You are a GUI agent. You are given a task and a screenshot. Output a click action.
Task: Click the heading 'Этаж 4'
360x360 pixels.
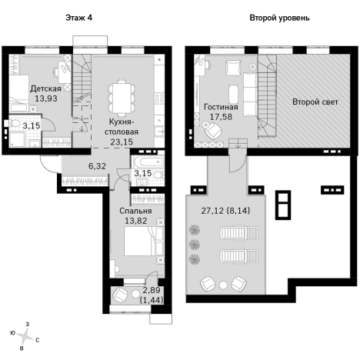(x=78, y=18)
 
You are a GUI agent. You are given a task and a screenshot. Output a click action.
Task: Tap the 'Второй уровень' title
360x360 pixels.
(x=279, y=18)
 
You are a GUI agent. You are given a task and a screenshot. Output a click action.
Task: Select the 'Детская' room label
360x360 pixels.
(x=45, y=88)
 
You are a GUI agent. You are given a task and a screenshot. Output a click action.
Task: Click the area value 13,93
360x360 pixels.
(x=46, y=98)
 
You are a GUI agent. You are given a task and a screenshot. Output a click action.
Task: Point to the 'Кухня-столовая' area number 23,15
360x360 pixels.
(x=122, y=142)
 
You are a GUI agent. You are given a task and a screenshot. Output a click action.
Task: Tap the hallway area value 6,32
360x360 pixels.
(x=97, y=166)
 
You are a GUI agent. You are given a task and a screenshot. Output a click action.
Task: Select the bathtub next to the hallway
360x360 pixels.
(x=147, y=162)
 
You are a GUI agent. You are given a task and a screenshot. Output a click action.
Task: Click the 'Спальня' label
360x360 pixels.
(x=135, y=211)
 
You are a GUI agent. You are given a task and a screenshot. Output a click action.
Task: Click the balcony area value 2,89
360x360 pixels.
(x=152, y=290)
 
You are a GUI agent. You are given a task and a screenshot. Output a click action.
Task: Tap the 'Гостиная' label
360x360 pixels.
(x=221, y=107)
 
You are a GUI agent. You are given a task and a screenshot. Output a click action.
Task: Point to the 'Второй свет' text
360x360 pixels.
(x=315, y=102)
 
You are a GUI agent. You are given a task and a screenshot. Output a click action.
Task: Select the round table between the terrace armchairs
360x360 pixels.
(x=223, y=285)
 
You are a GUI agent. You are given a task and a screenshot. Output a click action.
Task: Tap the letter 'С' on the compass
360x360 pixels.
(x=38, y=340)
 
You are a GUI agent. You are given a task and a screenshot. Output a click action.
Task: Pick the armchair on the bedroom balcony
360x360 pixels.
(x=119, y=295)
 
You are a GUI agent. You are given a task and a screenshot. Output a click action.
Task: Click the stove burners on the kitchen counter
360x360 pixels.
(x=159, y=98)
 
